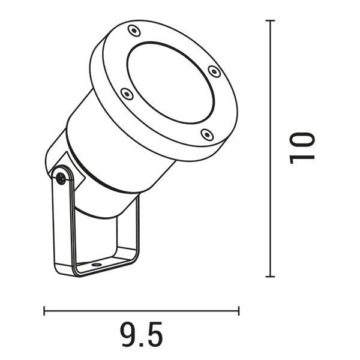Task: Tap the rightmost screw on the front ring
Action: [x=214, y=71]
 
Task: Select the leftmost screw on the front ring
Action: [x=125, y=93]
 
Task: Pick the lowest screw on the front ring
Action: [x=206, y=134]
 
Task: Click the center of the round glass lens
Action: [x=170, y=83]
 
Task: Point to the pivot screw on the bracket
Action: [x=61, y=178]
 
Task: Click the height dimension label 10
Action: [x=302, y=146]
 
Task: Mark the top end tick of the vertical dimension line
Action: [x=270, y=20]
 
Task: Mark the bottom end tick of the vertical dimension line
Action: [x=270, y=277]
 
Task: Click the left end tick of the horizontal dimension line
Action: [x=44, y=311]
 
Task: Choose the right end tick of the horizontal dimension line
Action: [x=239, y=311]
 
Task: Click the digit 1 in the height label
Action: [x=302, y=157]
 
